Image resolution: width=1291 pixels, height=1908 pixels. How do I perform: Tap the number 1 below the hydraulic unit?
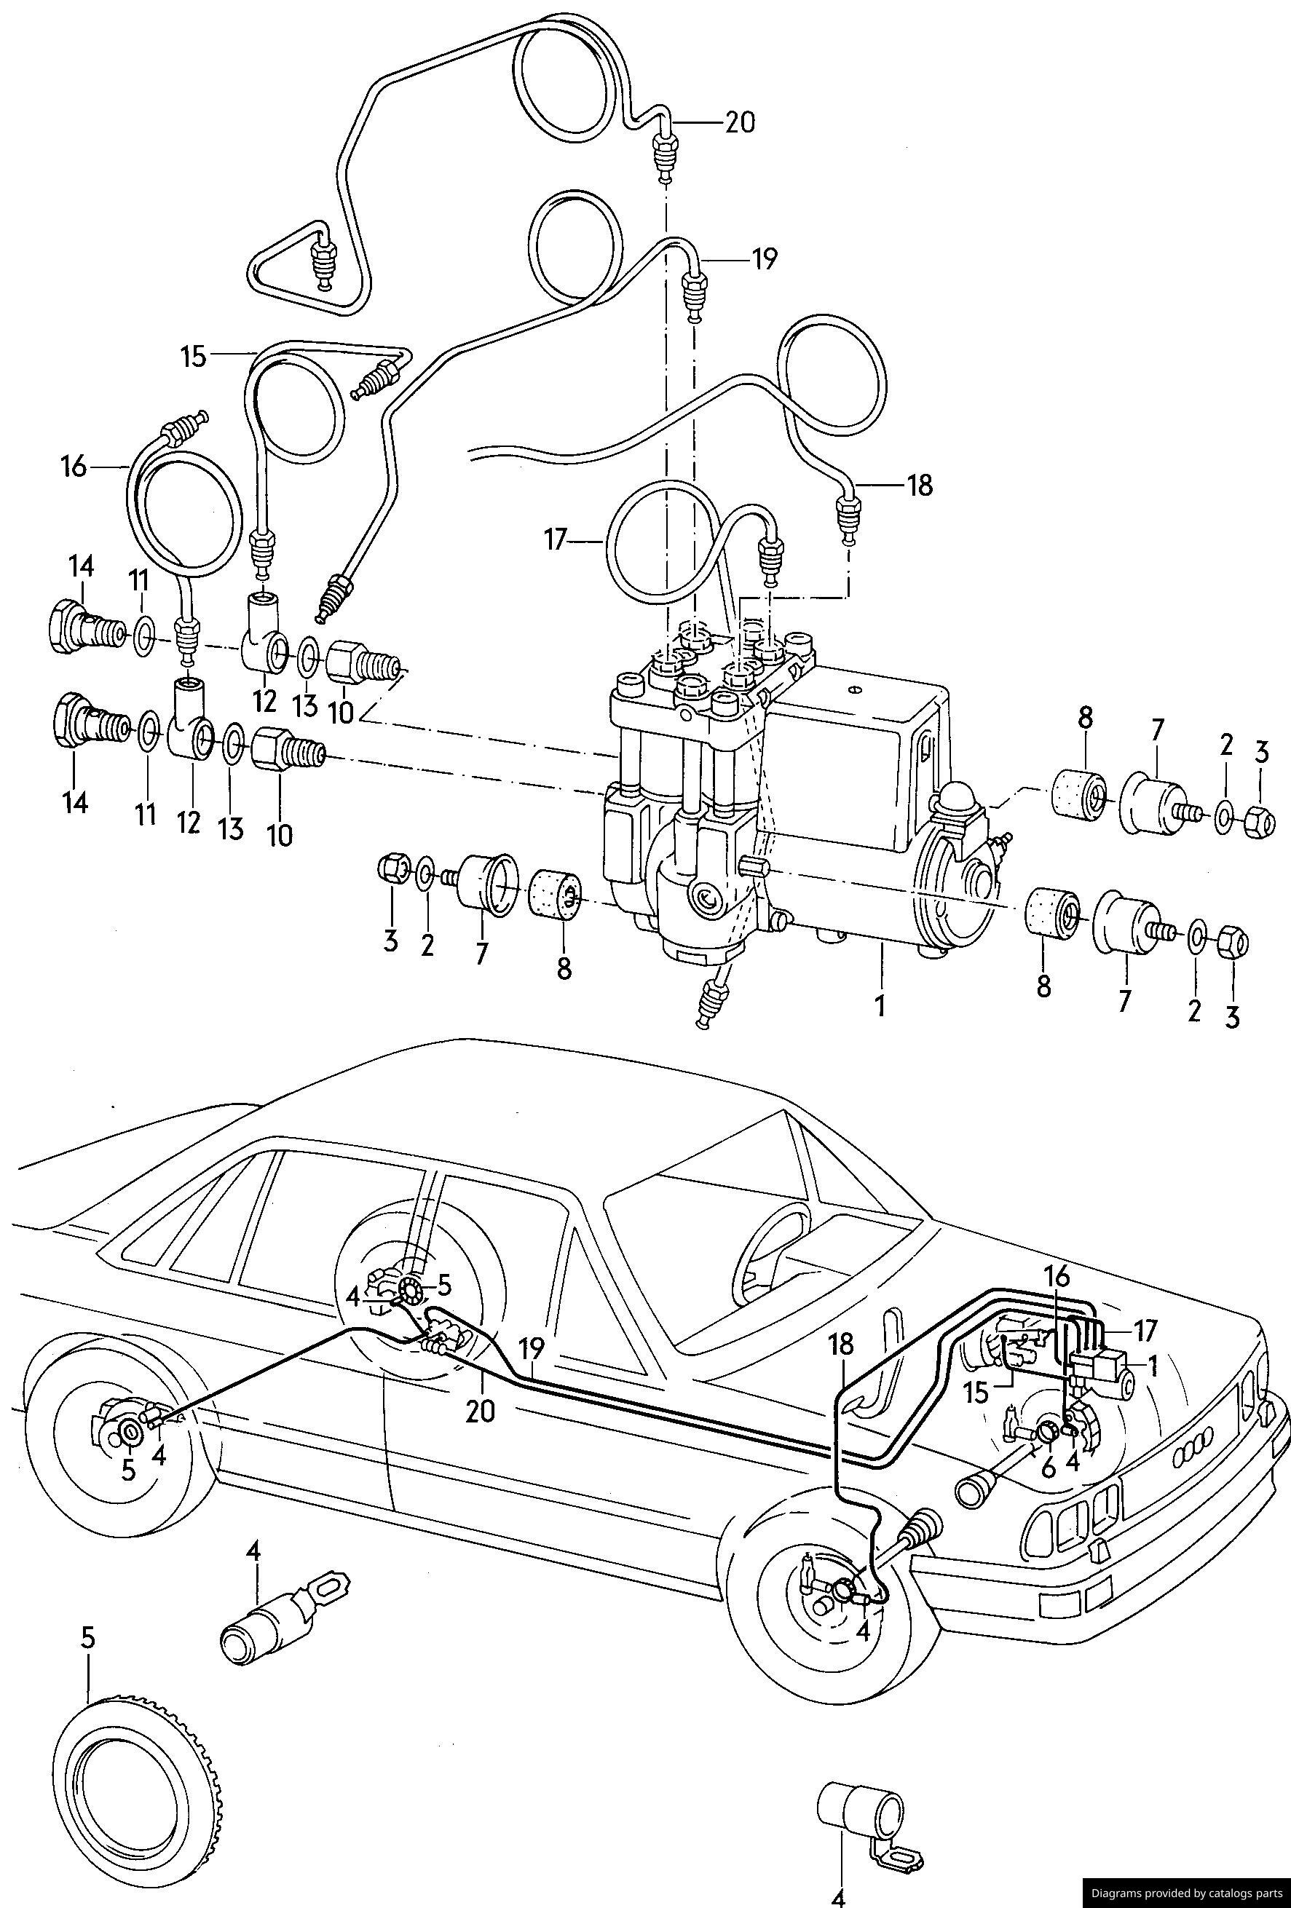[x=880, y=1006]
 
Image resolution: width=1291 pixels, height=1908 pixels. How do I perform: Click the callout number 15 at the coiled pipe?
[x=194, y=358]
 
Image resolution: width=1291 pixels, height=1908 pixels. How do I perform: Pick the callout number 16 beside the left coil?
[x=73, y=467]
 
